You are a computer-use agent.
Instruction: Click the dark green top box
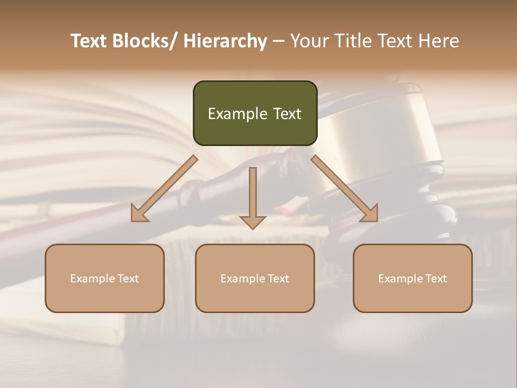tap(255, 113)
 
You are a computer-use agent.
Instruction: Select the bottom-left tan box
tap(104, 278)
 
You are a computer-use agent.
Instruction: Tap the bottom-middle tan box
tap(255, 278)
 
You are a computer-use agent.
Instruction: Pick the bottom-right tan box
tap(413, 278)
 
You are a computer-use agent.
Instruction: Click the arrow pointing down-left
tap(164, 189)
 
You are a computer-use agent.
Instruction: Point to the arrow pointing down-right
tap(345, 189)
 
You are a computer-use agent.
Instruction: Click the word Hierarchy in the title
tap(225, 41)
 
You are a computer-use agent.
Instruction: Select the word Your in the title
tap(309, 41)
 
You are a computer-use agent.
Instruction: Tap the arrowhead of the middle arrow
tap(253, 222)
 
